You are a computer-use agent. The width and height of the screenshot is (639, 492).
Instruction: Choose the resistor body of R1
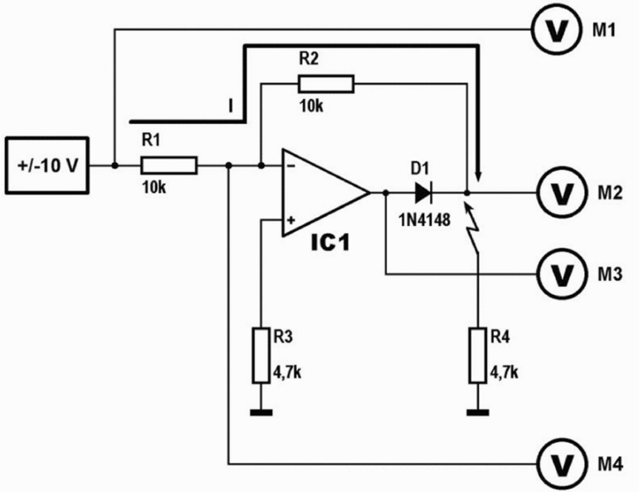pyautogui.click(x=168, y=165)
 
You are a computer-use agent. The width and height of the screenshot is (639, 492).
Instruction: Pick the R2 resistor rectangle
pyautogui.click(x=326, y=83)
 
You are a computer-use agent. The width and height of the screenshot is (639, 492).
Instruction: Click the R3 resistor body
pyautogui.click(x=261, y=356)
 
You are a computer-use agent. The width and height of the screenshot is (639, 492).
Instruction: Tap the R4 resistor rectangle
pyautogui.click(x=476, y=356)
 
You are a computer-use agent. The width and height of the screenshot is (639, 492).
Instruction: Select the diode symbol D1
pyautogui.click(x=422, y=193)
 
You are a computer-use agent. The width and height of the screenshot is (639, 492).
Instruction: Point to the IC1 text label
pyautogui.click(x=333, y=245)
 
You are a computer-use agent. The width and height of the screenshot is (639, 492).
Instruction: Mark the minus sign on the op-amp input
pyautogui.click(x=291, y=165)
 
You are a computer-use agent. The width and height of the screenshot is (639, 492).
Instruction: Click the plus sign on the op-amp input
pyautogui.click(x=291, y=221)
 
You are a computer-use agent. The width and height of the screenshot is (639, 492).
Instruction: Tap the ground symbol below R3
pyautogui.click(x=261, y=411)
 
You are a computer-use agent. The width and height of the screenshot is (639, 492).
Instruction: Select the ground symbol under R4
pyautogui.click(x=476, y=411)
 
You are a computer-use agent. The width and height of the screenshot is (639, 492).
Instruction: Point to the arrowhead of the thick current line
pyautogui.click(x=478, y=175)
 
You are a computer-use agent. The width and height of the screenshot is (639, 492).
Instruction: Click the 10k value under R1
pyautogui.click(x=154, y=187)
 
